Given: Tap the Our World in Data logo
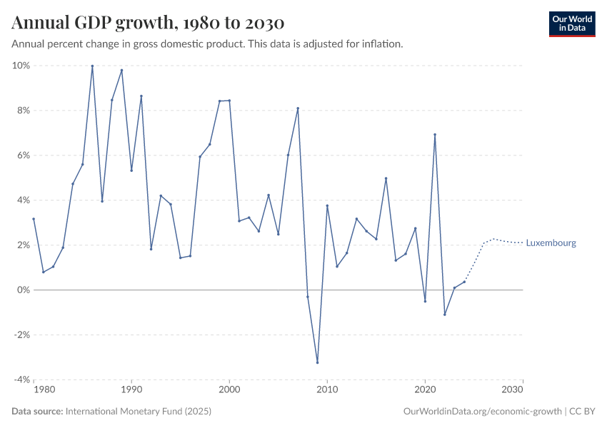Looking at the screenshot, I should point(571,24).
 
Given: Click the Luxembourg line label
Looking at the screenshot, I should point(551,243).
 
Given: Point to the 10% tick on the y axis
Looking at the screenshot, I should point(21,66).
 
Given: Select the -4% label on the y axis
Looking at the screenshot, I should point(21,379).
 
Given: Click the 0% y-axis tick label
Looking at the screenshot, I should point(22,290).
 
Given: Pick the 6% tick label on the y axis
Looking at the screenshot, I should point(22,156).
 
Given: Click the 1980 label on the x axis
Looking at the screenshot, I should point(44,390).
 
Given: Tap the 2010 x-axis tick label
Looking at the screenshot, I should point(327,390).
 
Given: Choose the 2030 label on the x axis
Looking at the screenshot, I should point(512,390).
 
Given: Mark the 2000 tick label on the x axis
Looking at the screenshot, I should point(229,390).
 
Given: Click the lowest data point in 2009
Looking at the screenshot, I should point(317,362).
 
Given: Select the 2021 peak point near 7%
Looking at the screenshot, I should point(435,135).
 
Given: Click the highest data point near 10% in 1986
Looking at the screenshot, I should point(92,66).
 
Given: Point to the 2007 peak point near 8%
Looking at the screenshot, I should point(298,108).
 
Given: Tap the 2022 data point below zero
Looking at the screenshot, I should point(444,315).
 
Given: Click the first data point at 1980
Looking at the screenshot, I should point(34,219).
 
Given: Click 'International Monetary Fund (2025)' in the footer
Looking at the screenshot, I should point(139,412).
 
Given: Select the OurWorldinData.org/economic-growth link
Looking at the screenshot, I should point(483,412).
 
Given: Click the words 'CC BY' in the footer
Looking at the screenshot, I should point(583,412).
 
